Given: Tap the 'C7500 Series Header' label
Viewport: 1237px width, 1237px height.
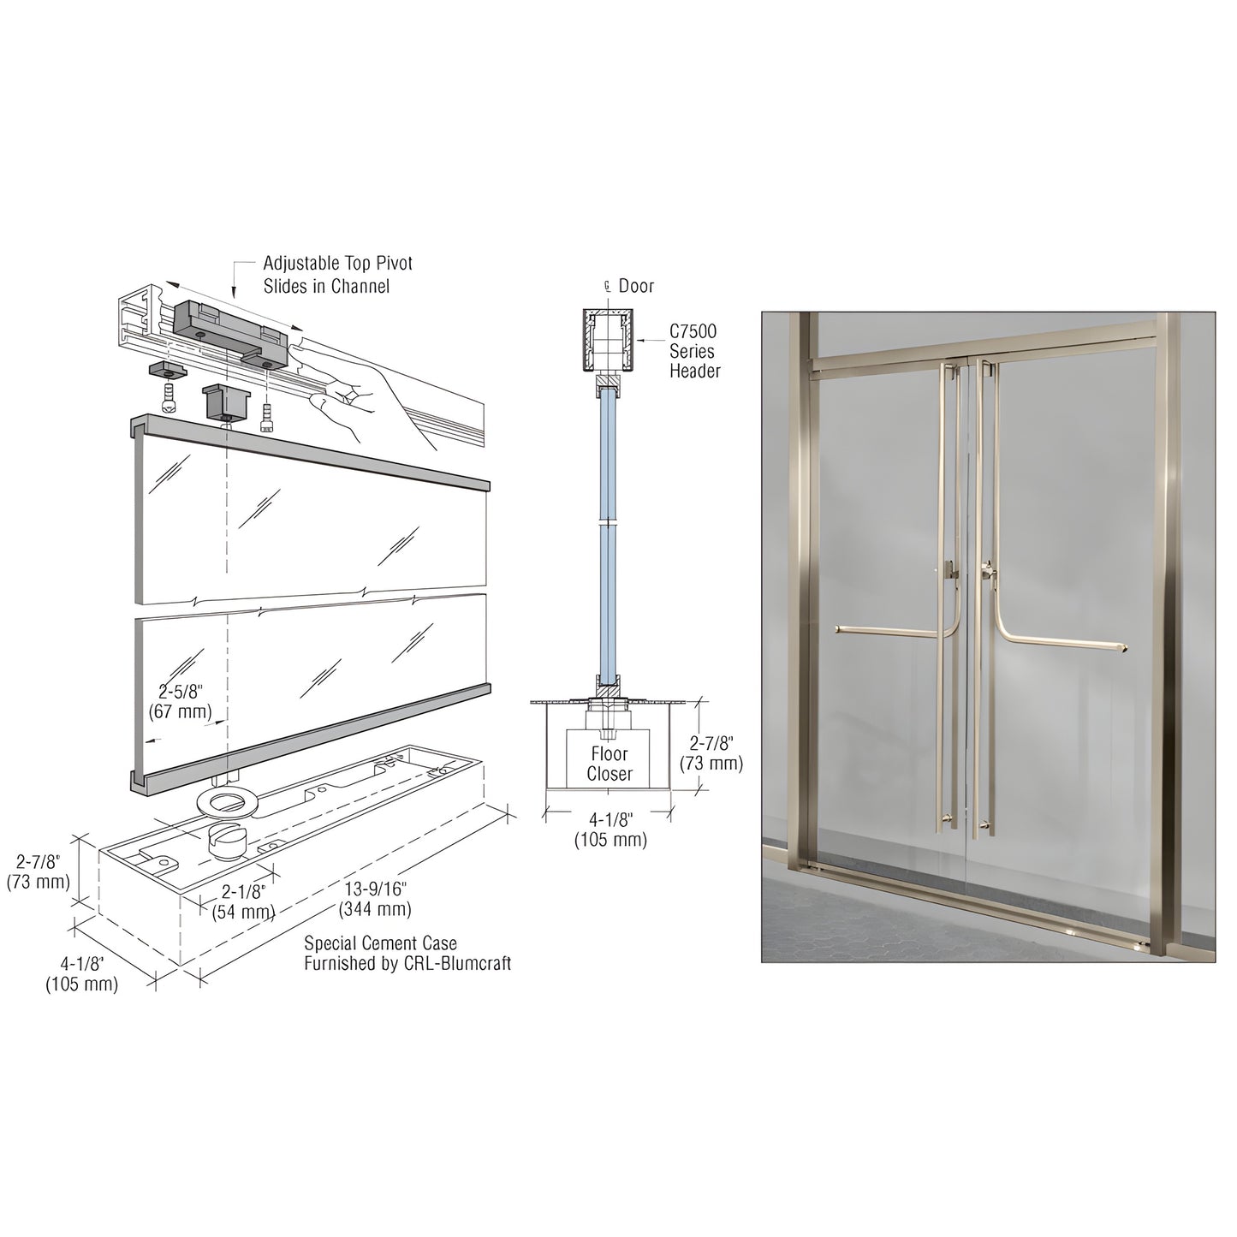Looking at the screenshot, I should [x=694, y=351].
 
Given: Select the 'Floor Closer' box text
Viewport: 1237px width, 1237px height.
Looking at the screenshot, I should [x=610, y=764].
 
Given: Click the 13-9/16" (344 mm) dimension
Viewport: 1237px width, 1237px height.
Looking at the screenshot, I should [x=375, y=899].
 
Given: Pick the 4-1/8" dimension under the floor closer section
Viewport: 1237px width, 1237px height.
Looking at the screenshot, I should [x=610, y=830].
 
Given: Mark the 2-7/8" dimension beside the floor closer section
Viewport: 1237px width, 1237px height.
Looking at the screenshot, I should [x=711, y=753].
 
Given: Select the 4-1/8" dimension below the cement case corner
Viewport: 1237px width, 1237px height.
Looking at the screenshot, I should [x=81, y=974].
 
